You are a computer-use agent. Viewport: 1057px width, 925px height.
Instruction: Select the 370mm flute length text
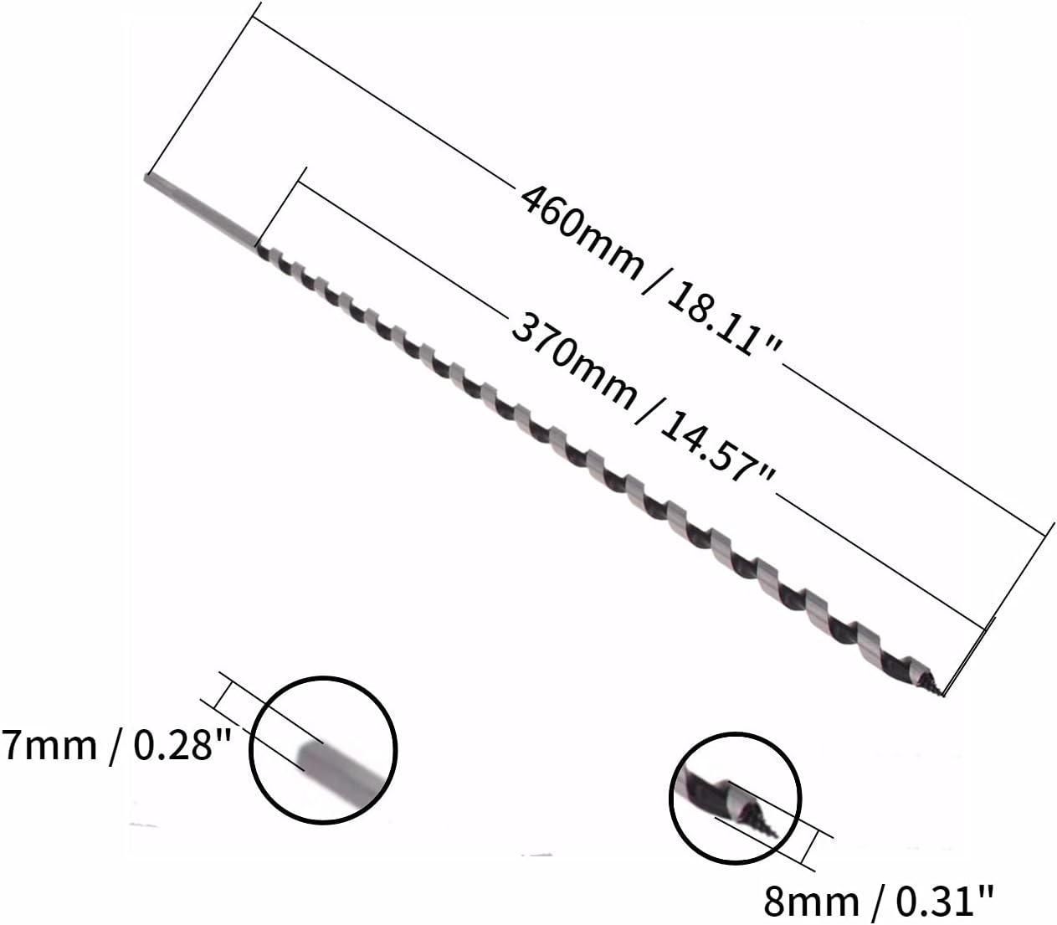(x=574, y=362)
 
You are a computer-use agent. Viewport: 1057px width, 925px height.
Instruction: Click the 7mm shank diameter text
(x=49, y=746)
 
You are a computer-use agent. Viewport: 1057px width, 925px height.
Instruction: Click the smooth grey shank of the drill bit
(x=201, y=210)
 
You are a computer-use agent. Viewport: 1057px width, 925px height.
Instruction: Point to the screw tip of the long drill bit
(x=936, y=690)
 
